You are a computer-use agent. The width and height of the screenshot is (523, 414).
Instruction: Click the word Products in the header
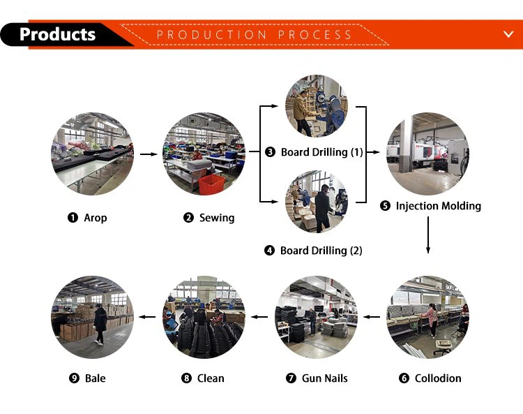pyautogui.click(x=57, y=34)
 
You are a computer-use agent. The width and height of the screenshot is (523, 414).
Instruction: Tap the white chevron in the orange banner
pyautogui.click(x=508, y=34)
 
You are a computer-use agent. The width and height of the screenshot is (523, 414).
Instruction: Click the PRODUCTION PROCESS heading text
pyautogui.click(x=255, y=34)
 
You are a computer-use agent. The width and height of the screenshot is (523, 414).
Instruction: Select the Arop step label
pyautogui.click(x=96, y=218)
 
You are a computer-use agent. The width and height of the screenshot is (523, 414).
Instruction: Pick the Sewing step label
pyautogui.click(x=217, y=218)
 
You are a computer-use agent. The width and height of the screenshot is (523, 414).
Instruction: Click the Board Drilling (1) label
pyautogui.click(x=321, y=152)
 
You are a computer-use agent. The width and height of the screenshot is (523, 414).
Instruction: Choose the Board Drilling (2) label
pyautogui.click(x=321, y=251)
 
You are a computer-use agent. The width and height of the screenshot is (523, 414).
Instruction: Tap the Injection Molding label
pyautogui.click(x=438, y=206)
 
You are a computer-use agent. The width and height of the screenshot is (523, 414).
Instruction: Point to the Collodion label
pyautogui.click(x=438, y=378)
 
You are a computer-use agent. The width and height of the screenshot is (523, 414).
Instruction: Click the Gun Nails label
pyautogui.click(x=324, y=378)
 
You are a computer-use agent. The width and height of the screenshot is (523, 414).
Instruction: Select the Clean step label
pyautogui.click(x=211, y=378)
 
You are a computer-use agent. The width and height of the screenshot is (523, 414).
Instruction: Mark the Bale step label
pyautogui.click(x=96, y=378)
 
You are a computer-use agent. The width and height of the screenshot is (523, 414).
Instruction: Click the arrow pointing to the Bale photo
pyautogui.click(x=146, y=317)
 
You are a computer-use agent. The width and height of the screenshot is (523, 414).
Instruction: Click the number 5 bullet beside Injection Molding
pyautogui.click(x=386, y=206)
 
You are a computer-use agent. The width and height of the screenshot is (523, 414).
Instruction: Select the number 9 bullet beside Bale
pyautogui.click(x=74, y=378)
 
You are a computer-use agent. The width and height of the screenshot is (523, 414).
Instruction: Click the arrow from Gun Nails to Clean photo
pyautogui.click(x=259, y=317)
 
